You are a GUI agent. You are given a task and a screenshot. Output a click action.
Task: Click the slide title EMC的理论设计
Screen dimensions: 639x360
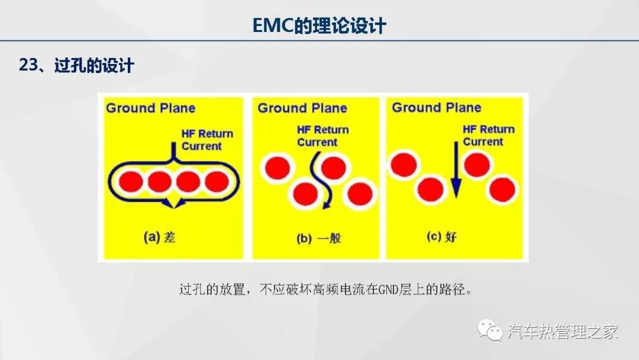point(319,25)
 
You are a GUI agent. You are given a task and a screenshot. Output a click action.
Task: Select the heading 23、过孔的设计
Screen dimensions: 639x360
point(76,65)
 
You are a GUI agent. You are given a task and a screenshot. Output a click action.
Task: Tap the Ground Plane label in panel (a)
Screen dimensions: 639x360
point(151,108)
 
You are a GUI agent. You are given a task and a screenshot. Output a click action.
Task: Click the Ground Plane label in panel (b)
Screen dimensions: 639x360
point(302,108)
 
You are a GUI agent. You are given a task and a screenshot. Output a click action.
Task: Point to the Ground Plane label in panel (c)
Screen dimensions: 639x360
point(437,108)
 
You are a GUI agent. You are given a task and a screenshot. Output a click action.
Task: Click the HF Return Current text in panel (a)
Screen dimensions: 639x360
point(208,140)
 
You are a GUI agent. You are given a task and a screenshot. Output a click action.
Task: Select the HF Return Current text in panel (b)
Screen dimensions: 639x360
point(323,136)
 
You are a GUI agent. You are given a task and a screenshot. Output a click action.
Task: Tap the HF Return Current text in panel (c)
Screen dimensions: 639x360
point(489,136)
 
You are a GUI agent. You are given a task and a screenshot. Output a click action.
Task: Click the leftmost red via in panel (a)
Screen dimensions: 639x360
point(131,181)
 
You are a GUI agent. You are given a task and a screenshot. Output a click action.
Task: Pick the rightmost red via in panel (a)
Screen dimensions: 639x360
point(217,181)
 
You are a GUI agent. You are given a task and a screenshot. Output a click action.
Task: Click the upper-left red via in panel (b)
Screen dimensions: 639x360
point(277,168)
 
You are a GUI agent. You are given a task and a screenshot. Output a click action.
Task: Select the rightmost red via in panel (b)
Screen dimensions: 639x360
point(360,194)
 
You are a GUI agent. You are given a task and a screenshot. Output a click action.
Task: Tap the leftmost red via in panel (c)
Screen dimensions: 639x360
point(404,165)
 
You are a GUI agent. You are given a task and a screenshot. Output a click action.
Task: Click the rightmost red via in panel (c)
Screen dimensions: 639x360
point(502,189)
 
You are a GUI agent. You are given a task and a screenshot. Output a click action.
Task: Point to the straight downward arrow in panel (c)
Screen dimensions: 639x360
point(456,170)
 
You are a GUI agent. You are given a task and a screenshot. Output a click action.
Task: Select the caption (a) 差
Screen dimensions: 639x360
point(159,237)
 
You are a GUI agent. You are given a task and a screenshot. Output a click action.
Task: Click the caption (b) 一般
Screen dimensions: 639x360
point(319,238)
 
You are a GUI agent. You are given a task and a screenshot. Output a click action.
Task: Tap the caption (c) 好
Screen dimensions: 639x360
point(442,236)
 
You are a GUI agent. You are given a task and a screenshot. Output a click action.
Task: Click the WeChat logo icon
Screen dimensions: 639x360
point(490,330)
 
